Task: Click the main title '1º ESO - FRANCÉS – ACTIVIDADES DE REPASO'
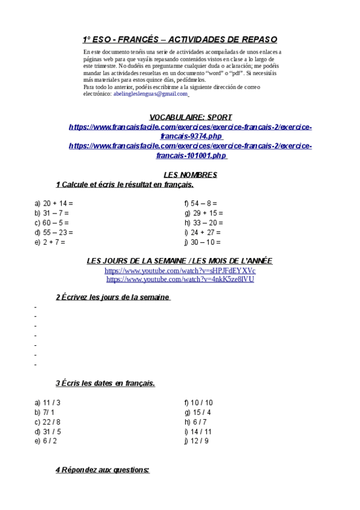pyautogui.click(x=180, y=40)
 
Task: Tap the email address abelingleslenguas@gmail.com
pyautogui.click(x=151, y=94)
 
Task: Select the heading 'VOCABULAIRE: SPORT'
pyautogui.click(x=190, y=117)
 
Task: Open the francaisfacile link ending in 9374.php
pyautogui.click(x=190, y=132)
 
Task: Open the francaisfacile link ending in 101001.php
pyautogui.click(x=190, y=150)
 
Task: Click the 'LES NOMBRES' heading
pyautogui.click(x=190, y=175)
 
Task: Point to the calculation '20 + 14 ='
pyautogui.click(x=58, y=203)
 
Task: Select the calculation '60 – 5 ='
pyautogui.click(x=56, y=223)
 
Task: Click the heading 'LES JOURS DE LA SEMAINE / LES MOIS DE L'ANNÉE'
pyautogui.click(x=180, y=261)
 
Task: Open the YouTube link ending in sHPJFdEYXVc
pyautogui.click(x=180, y=271)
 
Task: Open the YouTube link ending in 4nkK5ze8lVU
pyautogui.click(x=180, y=280)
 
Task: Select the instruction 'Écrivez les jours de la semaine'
pyautogui.click(x=116, y=297)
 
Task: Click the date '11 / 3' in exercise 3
pyautogui.click(x=52, y=402)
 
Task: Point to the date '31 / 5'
pyautogui.click(x=52, y=431)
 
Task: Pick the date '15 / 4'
pyautogui.click(x=201, y=412)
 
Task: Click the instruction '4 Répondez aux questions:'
pyautogui.click(x=102, y=470)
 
